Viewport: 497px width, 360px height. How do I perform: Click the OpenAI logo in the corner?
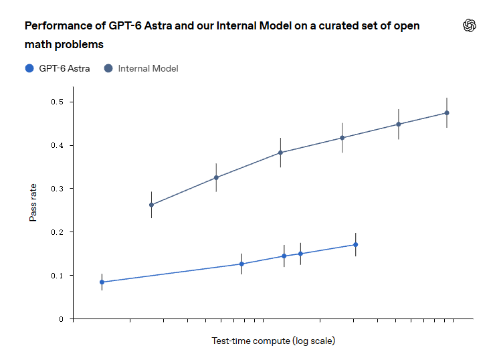[469, 25]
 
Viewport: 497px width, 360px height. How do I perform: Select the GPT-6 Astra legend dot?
[29, 68]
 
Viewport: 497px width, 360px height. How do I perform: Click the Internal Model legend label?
[148, 68]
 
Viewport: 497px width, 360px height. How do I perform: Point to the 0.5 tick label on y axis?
[57, 102]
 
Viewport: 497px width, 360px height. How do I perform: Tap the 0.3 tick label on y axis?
[57, 189]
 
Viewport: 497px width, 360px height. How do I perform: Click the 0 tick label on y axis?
[61, 319]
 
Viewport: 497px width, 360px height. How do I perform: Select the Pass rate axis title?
[33, 203]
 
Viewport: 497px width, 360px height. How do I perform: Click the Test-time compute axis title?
[273, 341]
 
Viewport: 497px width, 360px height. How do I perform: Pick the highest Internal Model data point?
[447, 113]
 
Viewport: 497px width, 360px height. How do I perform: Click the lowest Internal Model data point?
[152, 205]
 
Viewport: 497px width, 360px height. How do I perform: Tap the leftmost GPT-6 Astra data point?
[102, 282]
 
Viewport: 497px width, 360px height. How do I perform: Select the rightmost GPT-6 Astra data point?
[356, 244]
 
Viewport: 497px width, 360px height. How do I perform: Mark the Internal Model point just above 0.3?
[216, 177]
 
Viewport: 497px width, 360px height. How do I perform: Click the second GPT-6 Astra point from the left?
[241, 264]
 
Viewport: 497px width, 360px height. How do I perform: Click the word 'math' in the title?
[38, 44]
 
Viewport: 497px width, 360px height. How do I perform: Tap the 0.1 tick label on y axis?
[57, 276]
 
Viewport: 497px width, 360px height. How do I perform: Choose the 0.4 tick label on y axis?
[57, 145]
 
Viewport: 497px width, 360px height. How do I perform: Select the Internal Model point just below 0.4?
[280, 153]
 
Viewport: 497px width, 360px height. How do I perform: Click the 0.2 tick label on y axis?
[57, 232]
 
